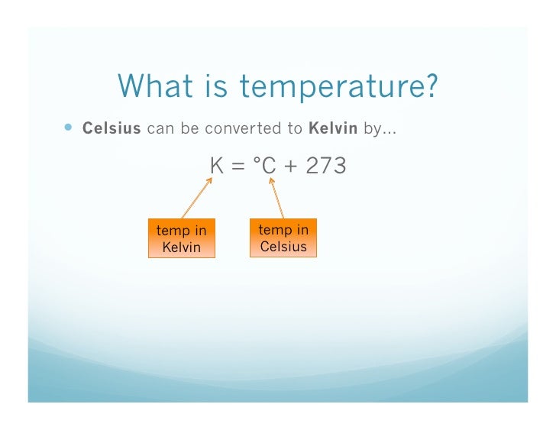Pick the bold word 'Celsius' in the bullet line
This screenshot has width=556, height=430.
[112, 128]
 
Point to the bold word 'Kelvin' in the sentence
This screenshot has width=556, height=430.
[333, 128]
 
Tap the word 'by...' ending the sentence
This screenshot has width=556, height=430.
[380, 128]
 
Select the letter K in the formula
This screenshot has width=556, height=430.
[217, 165]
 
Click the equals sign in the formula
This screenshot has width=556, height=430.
[240, 166]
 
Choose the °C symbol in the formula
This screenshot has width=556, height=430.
[267, 165]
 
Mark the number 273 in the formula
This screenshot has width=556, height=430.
[325, 165]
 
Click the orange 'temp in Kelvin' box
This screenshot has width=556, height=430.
[181, 238]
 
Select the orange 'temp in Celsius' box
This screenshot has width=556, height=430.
[283, 238]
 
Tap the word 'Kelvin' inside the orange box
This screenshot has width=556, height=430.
[181, 247]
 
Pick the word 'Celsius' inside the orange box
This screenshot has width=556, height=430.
[283, 246]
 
